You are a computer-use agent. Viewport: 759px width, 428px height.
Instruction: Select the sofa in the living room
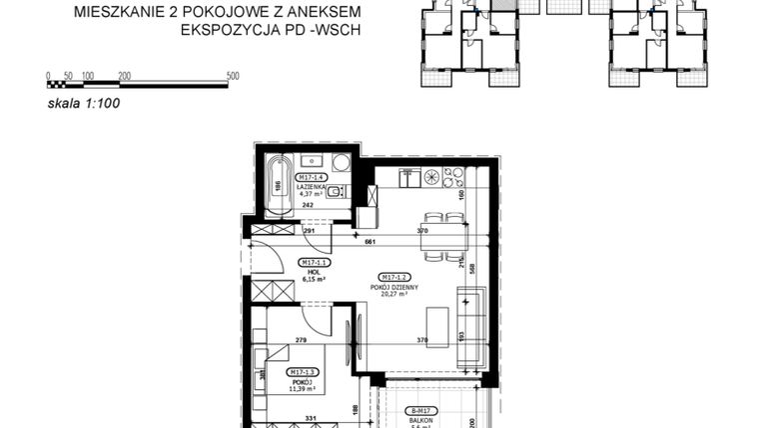click(470, 326)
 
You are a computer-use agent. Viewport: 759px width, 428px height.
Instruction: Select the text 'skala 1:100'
click(84, 101)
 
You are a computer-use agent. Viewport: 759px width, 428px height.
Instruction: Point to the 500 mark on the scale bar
click(233, 76)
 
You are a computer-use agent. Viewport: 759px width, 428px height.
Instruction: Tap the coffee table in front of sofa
click(436, 327)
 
